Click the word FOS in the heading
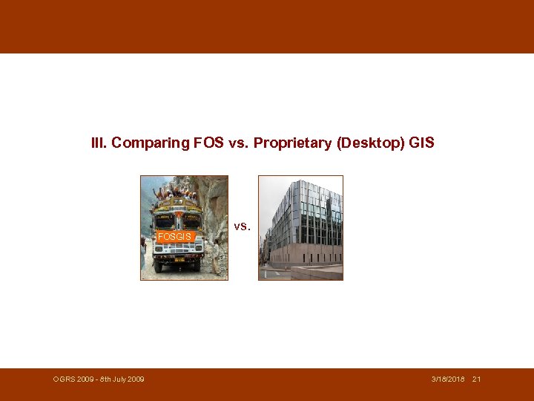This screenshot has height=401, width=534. [x=208, y=143]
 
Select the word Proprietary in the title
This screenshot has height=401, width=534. [x=293, y=143]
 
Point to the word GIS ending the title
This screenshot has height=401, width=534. [x=421, y=143]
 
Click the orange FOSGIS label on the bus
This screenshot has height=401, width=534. [x=174, y=237]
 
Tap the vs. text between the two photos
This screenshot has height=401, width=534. [x=243, y=226]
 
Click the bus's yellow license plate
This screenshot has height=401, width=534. [x=179, y=259]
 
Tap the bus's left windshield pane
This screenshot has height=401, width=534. [x=165, y=221]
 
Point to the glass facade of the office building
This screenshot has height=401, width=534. [x=304, y=215]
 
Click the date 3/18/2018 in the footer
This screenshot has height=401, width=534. [x=448, y=379]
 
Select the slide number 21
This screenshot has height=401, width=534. [x=476, y=379]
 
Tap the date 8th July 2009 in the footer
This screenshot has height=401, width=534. [x=122, y=379]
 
